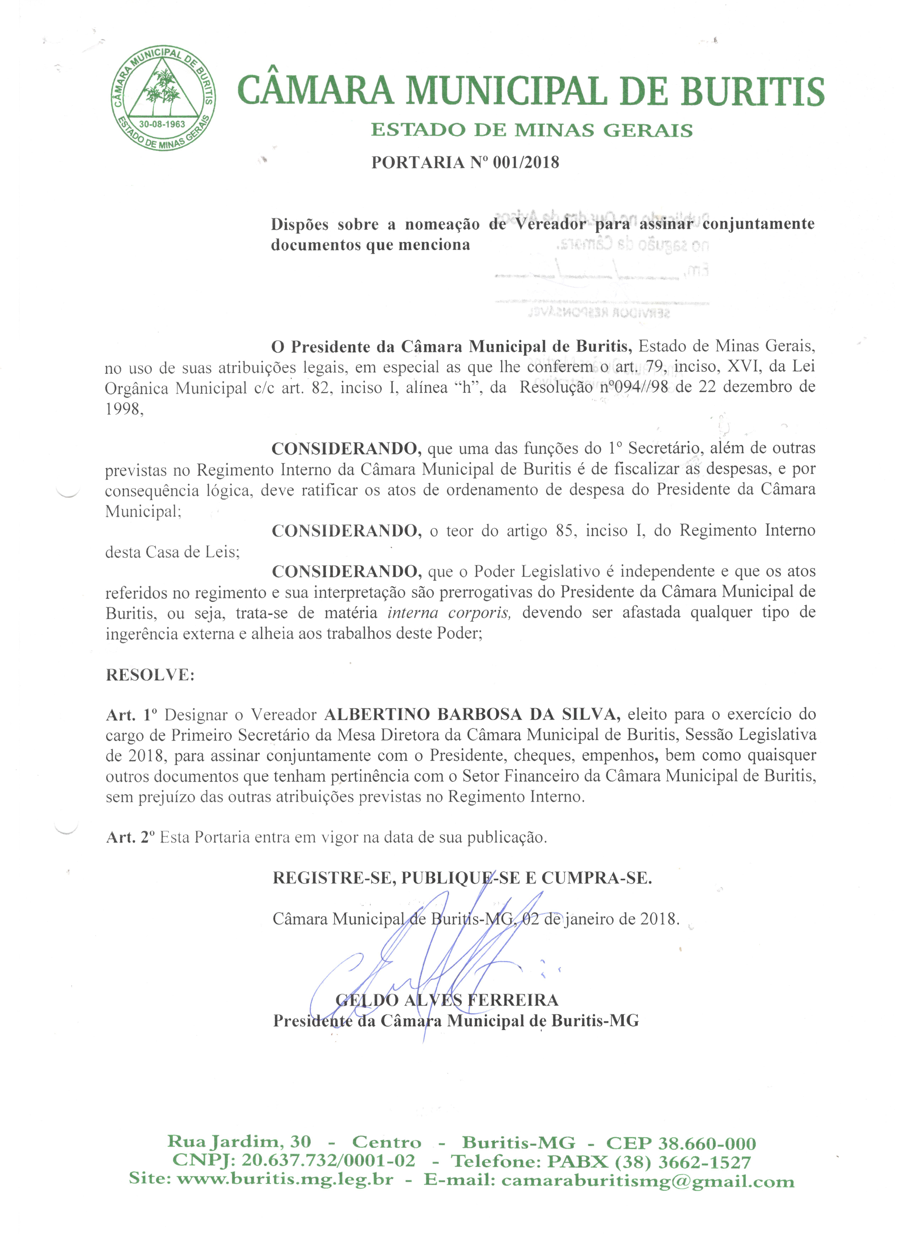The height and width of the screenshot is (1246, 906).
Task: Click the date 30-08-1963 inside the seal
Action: click(x=162, y=124)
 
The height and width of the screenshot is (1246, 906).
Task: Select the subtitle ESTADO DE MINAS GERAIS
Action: click(x=531, y=130)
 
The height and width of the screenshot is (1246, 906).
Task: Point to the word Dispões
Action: click(x=300, y=225)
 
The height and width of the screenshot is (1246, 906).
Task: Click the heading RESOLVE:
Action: click(x=150, y=675)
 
